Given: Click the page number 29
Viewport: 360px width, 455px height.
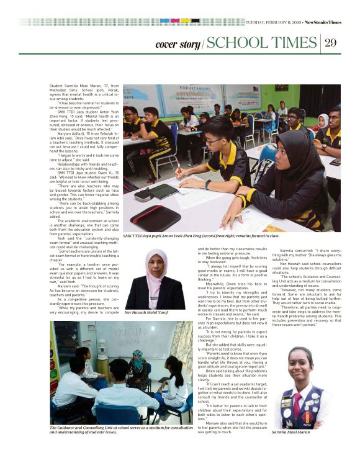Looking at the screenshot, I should point(330,42).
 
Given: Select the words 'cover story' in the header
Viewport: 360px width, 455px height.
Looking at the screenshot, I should point(178,44).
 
